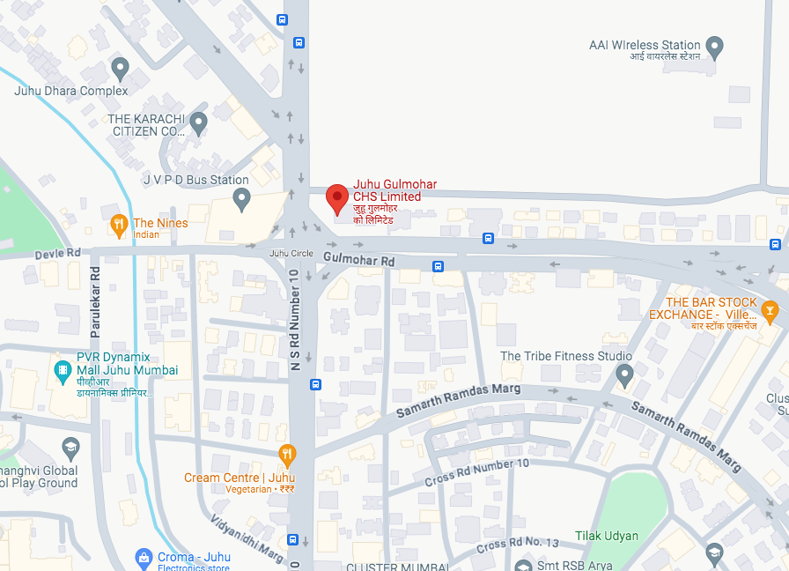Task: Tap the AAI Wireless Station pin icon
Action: click(x=715, y=46)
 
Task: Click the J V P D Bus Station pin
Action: click(x=242, y=200)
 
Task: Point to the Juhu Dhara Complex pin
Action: click(x=121, y=69)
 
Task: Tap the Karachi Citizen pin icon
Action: click(x=198, y=123)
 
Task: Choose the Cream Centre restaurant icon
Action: click(x=286, y=455)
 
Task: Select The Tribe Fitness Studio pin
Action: click(x=625, y=376)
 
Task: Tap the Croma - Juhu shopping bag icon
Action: click(x=144, y=557)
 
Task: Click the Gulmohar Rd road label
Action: click(x=359, y=260)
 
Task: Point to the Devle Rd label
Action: click(x=57, y=253)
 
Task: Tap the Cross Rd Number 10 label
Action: click(x=477, y=471)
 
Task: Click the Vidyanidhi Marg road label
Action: click(x=246, y=538)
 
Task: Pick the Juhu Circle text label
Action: click(x=291, y=254)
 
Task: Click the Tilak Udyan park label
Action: click(x=607, y=536)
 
